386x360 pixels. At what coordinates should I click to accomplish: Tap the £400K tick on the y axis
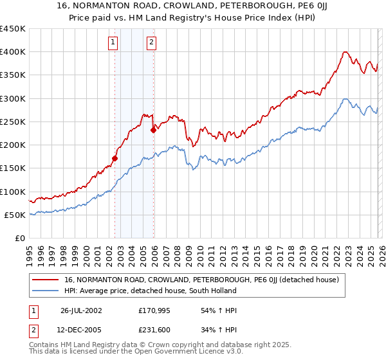point(13,52)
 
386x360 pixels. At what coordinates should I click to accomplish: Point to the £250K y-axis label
point(13,122)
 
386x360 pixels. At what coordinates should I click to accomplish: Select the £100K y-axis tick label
point(13,192)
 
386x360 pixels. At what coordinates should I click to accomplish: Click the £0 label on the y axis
point(20,238)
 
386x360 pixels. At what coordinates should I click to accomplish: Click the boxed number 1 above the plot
point(113,43)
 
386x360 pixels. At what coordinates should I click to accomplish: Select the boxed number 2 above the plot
point(151,43)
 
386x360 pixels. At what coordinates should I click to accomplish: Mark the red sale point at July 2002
point(115,158)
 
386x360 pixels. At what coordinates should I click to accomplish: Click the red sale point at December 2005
point(153,130)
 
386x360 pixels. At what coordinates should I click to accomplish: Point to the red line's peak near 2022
point(346,51)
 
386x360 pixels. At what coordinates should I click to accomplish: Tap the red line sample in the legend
point(45,280)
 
